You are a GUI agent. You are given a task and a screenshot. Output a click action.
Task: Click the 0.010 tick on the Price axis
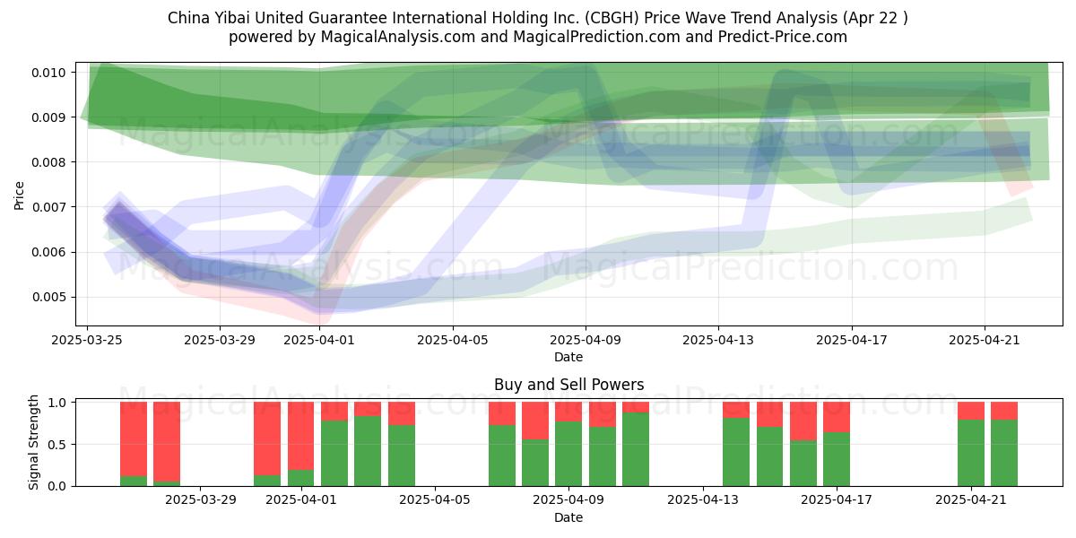(48, 73)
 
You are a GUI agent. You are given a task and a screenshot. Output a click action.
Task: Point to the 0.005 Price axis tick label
(48, 298)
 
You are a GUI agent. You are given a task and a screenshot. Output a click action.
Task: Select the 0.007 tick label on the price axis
(48, 207)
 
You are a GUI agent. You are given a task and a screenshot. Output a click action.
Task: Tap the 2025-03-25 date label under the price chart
(87, 340)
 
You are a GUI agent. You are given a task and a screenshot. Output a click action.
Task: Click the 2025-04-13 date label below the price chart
(718, 340)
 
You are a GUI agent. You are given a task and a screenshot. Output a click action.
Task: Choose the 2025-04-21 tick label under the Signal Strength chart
(971, 500)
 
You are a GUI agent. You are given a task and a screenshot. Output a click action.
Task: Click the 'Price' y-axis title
(19, 195)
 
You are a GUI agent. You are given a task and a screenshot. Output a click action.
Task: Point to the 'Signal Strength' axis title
(33, 442)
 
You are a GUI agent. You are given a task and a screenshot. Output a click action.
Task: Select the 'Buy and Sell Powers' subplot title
(568, 385)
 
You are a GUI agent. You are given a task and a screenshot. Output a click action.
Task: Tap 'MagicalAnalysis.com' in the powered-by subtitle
(398, 37)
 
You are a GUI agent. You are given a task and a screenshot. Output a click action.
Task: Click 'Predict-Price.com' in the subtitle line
(783, 37)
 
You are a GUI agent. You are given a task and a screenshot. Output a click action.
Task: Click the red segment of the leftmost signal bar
(134, 439)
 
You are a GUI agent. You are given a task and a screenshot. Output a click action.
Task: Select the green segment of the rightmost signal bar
(1004, 453)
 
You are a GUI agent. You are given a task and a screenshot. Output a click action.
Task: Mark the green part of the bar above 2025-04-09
(568, 454)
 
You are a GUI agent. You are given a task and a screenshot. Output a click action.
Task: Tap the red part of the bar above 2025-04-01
(300, 436)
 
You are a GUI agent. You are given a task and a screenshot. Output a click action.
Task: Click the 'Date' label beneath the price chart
(568, 358)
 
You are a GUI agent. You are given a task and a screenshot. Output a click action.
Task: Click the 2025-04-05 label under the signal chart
(435, 500)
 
